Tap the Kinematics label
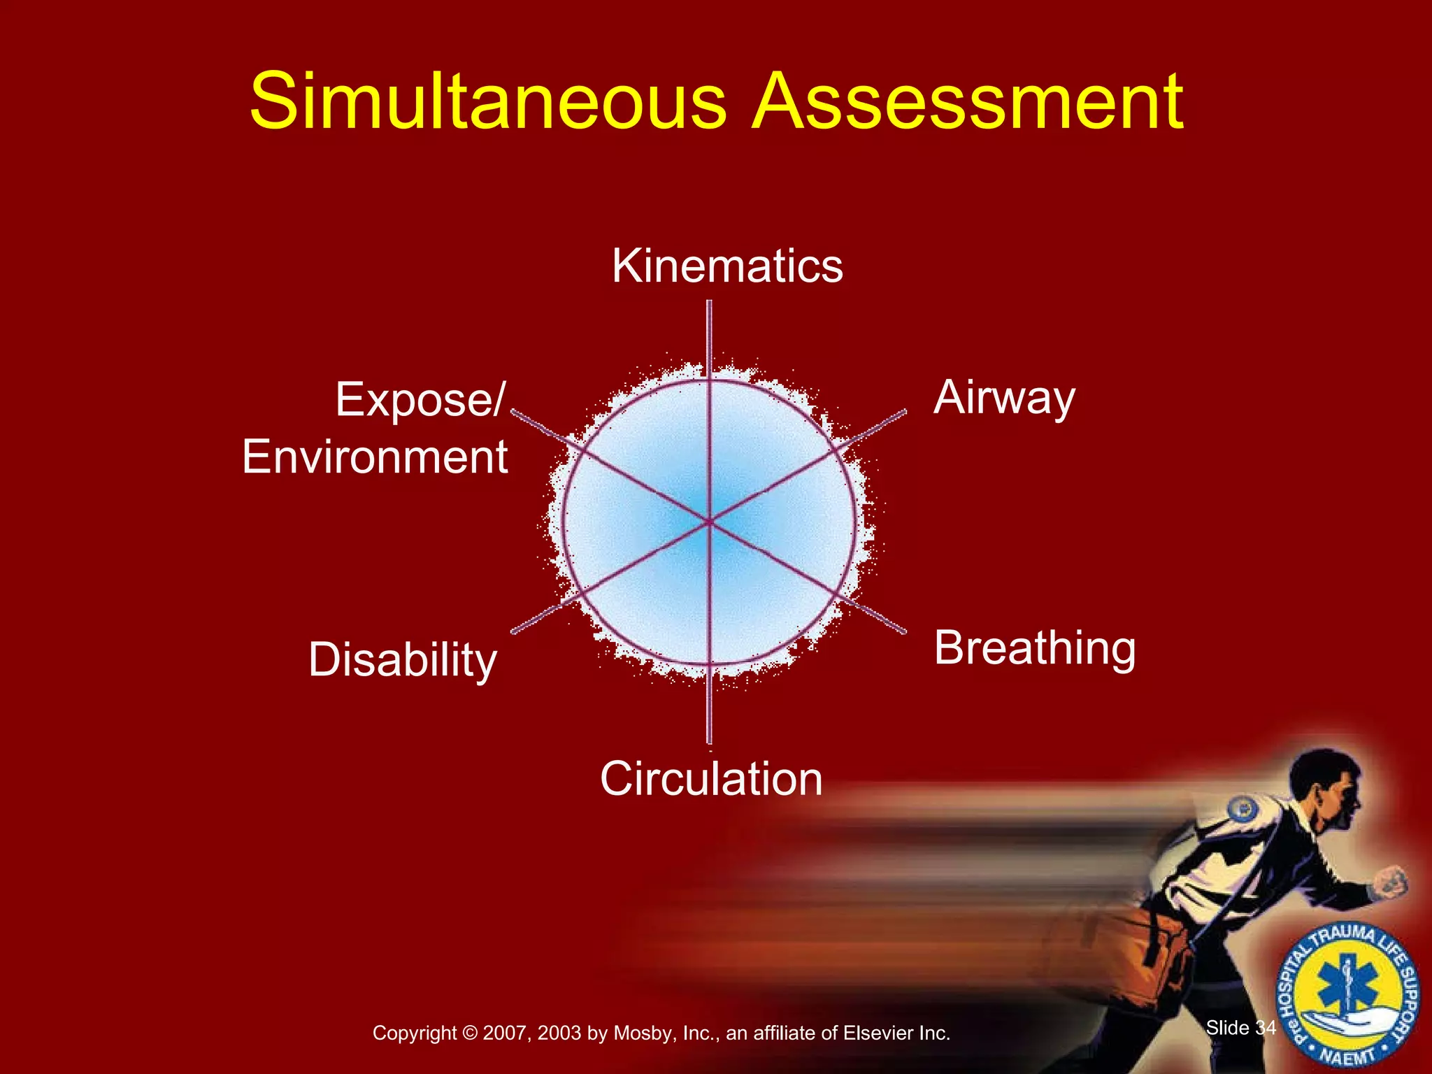point(727,266)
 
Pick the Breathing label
point(1035,648)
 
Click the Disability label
point(403,659)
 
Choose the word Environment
point(375,457)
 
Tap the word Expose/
point(420,399)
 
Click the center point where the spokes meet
point(709,522)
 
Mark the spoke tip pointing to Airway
point(904,413)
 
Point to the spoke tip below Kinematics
point(709,303)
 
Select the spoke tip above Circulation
point(709,741)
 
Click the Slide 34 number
point(1240,1028)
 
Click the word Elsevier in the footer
point(878,1033)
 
